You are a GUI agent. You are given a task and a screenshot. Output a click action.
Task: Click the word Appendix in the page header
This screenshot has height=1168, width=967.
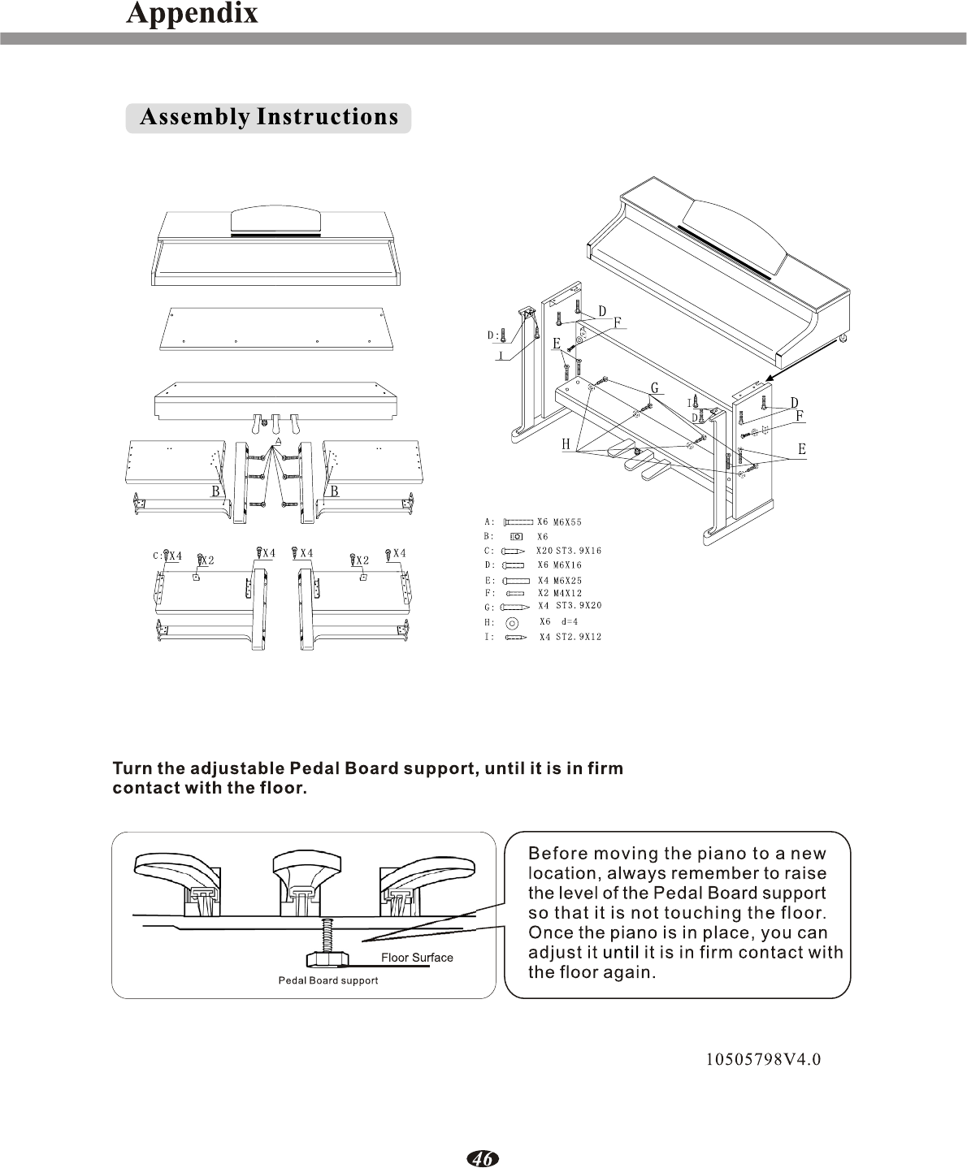[192, 14]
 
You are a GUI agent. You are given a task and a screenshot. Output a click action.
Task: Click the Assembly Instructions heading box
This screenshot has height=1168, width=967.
[269, 118]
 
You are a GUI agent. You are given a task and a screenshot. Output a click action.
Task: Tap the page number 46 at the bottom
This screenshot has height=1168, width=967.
[483, 1158]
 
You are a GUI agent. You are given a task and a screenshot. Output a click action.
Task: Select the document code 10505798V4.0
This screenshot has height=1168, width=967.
[763, 1059]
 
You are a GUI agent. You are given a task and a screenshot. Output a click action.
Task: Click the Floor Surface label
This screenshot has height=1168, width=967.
[417, 957]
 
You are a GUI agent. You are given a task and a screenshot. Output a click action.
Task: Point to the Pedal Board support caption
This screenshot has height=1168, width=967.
[328, 980]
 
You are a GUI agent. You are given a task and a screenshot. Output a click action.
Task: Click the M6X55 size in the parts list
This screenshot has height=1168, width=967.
[567, 522]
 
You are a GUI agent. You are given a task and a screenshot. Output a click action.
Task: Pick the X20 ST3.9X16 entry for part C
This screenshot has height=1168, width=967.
[569, 551]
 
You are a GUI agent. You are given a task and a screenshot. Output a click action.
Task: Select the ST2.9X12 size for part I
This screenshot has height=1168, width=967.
[579, 637]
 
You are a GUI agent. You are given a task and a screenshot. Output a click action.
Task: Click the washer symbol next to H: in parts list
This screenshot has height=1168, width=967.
[511, 623]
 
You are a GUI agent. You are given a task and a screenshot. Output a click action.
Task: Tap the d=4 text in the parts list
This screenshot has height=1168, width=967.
[570, 621]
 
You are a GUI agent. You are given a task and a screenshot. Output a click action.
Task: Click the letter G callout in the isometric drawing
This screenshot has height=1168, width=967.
[655, 388]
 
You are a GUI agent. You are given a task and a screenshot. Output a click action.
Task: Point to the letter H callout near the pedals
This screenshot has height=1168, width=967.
[566, 444]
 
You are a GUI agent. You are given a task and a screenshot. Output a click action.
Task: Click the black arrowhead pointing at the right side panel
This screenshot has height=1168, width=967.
[771, 378]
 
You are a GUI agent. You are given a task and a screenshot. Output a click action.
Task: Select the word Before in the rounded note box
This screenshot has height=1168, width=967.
[557, 854]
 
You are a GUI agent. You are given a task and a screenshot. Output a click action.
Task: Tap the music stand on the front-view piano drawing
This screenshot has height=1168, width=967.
[276, 220]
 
